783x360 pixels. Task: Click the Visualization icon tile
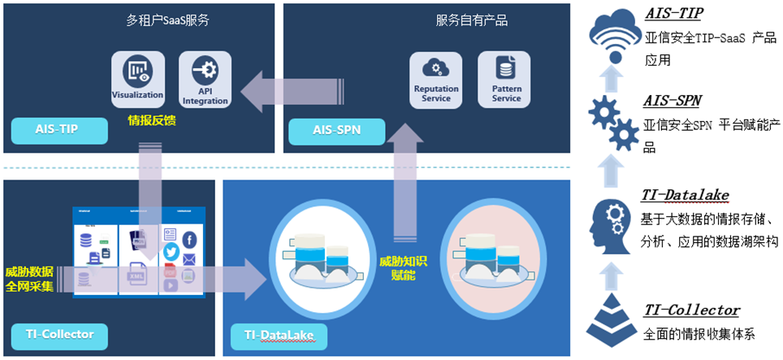coord(137,79)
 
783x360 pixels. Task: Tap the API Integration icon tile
coord(205,79)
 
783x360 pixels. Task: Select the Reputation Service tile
coord(436,79)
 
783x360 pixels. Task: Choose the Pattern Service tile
coord(505,79)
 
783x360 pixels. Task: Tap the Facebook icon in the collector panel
coord(189,239)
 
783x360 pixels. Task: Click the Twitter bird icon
coord(171,252)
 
